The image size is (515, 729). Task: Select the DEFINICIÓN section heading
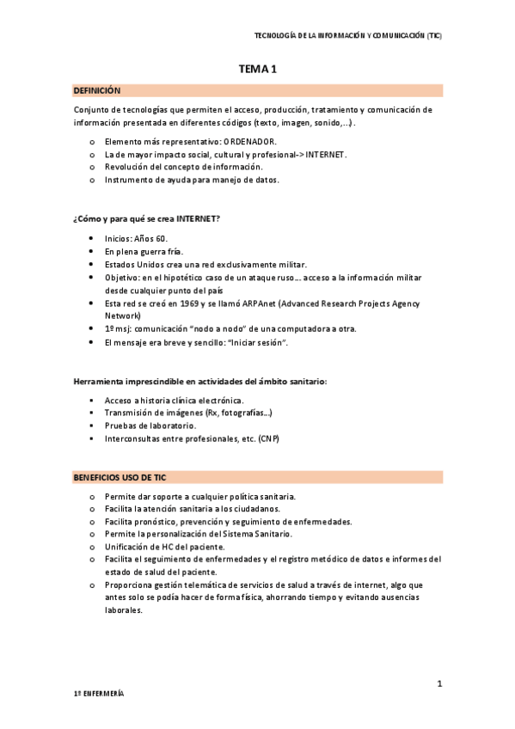coord(97,90)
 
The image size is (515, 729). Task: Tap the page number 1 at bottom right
coord(439,683)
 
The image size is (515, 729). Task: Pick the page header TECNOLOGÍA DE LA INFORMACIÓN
coord(348,35)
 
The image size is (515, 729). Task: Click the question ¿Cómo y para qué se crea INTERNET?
coord(147,218)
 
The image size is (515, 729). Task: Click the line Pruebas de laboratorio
coord(150,426)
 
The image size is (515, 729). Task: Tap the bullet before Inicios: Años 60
coord(91,238)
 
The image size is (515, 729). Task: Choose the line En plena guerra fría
coord(144,251)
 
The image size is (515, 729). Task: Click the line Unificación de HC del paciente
coord(165,547)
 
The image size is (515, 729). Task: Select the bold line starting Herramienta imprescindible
coord(199,381)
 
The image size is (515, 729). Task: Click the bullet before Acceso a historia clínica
coord(91,401)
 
